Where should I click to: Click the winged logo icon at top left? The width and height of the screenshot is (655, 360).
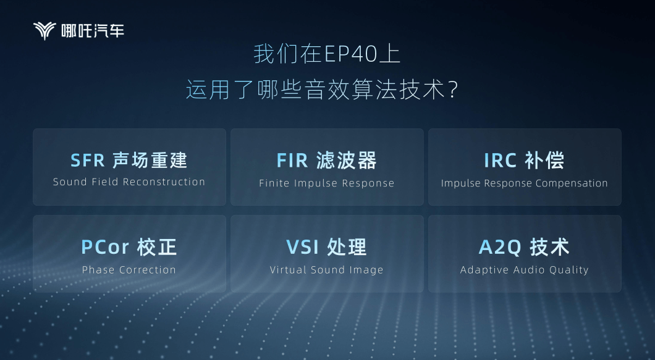44,31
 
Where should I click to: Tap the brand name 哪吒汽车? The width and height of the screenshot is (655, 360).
93,31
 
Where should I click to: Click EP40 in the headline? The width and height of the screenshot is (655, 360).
351,54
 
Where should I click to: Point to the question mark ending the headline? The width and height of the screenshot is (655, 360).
453,90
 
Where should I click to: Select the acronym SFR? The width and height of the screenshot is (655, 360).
87,161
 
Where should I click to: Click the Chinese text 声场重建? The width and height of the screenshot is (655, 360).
150,161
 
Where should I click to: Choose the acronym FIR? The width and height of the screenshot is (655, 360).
292,161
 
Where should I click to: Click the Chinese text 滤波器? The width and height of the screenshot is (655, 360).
346,161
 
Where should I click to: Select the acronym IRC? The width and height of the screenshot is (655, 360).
500,161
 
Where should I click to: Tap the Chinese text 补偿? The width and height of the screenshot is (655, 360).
544,161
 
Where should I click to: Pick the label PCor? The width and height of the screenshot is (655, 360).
105,247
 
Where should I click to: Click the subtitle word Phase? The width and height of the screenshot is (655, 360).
98,270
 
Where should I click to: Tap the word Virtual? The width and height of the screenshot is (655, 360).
287,270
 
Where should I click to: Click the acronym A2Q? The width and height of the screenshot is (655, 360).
500,247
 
